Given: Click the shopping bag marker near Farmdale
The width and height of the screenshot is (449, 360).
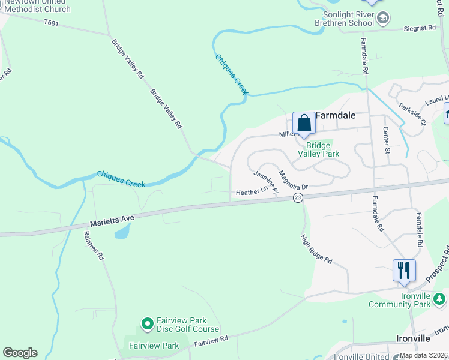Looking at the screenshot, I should (x=304, y=124).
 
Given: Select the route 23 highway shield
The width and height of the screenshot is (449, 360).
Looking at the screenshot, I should (x=298, y=197).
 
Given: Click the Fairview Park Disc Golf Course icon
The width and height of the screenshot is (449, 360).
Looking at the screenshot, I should (x=147, y=325).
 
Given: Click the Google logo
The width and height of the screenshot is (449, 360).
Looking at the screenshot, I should (x=20, y=353).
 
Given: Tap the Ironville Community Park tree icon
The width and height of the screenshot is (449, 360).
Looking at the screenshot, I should (x=439, y=298).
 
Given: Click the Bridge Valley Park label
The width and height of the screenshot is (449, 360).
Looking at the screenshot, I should (x=318, y=149).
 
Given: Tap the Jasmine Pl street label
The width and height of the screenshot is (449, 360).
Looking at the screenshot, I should (x=265, y=182).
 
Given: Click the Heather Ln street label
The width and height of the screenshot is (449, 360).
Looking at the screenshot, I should (x=252, y=191).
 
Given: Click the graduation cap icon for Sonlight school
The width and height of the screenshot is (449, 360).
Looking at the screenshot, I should (x=383, y=19).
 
